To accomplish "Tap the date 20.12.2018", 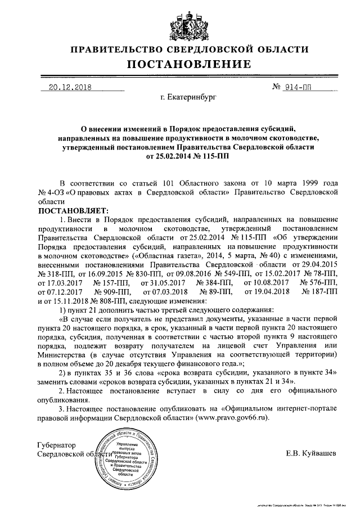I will click(x=70, y=88).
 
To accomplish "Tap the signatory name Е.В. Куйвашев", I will click(x=312, y=453).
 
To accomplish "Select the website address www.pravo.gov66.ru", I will click(x=230, y=418).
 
